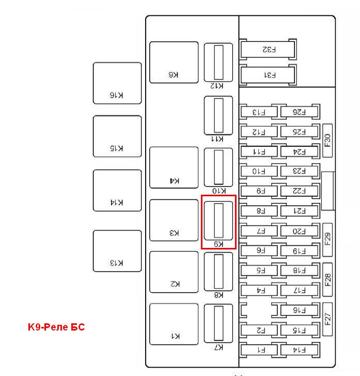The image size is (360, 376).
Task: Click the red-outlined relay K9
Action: [218, 222]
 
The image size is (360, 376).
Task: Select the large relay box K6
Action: [174, 62]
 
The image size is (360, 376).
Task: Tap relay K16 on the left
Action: [117, 83]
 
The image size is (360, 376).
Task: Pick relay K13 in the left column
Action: [117, 251]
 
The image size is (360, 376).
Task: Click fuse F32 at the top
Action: [269, 49]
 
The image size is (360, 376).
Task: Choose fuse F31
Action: [269, 75]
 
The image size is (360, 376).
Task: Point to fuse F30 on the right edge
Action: [327, 140]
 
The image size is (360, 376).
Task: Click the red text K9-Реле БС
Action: [56, 327]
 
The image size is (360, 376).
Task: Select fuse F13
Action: [259, 112]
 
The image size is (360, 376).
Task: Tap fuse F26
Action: [299, 112]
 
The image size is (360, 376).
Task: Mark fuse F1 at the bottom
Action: [259, 350]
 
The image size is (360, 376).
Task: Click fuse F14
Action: [299, 350]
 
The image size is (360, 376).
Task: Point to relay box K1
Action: [174, 324]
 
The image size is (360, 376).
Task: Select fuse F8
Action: [259, 211]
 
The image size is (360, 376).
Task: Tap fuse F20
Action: [299, 231]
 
